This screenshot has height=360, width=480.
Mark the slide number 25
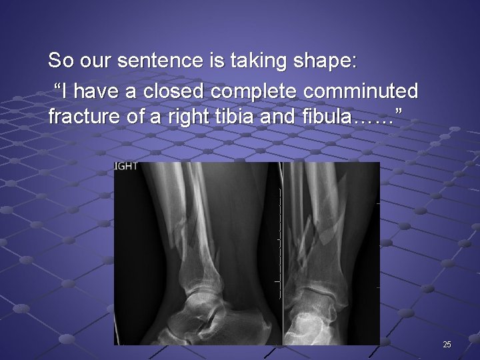[447, 344]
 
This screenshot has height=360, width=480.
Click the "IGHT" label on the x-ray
[126, 167]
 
